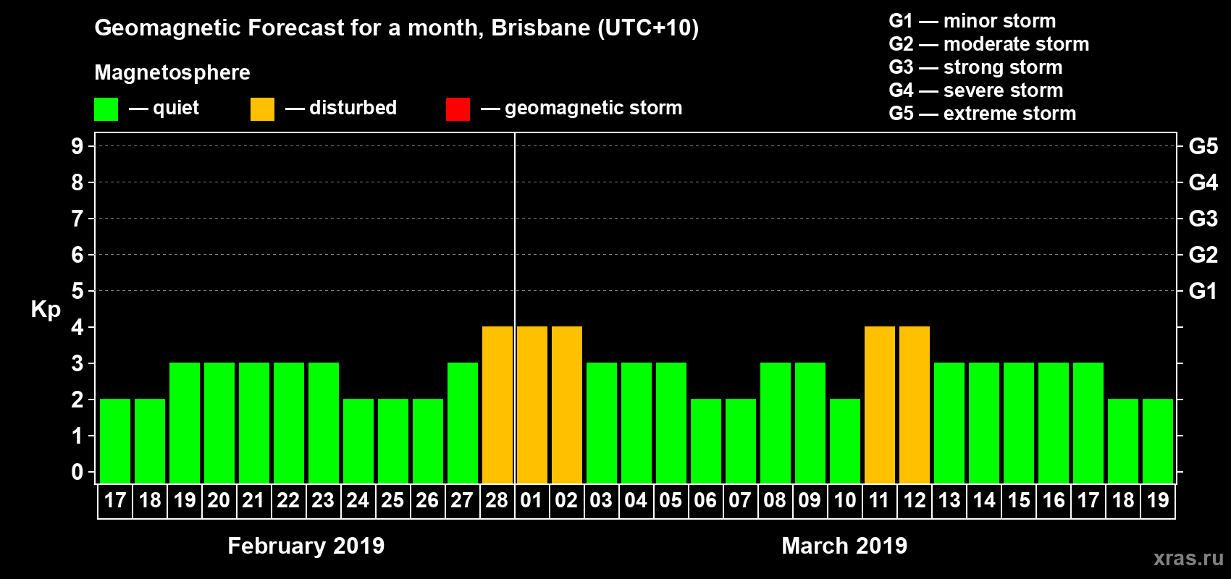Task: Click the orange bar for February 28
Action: (497, 405)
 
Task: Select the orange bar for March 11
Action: (880, 405)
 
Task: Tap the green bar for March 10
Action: (845, 441)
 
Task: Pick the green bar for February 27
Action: (463, 423)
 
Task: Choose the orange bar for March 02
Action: (567, 405)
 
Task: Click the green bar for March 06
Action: (706, 441)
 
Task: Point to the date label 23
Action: (323, 500)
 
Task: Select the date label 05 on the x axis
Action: (671, 500)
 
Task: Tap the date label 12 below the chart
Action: (915, 500)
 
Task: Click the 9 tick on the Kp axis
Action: (77, 146)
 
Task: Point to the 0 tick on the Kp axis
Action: (77, 472)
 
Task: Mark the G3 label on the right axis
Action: (1203, 219)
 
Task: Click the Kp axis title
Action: (46, 309)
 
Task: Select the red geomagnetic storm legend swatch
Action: (458, 109)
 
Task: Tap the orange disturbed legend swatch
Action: (262, 109)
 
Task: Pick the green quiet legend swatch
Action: (106, 109)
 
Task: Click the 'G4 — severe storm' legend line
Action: (975, 90)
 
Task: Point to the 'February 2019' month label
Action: (306, 546)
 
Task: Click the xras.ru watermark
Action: (1188, 558)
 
